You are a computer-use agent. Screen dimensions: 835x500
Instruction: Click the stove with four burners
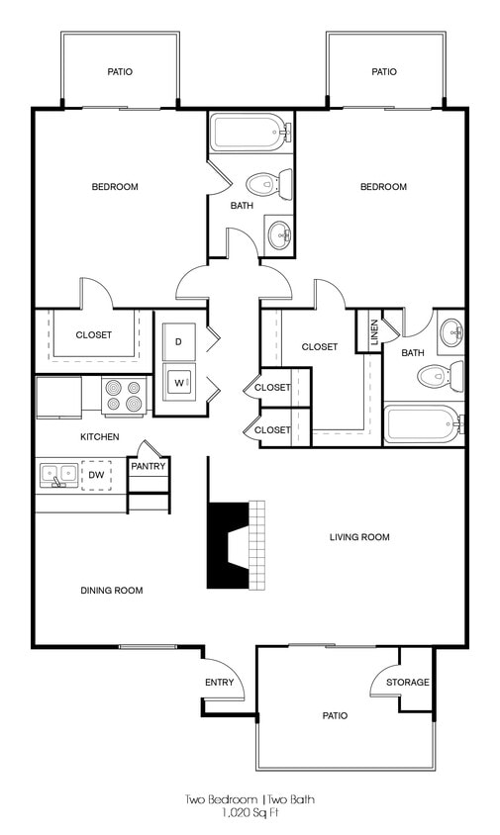pyautogui.click(x=124, y=396)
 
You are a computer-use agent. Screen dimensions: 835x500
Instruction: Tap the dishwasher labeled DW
pyautogui.click(x=96, y=475)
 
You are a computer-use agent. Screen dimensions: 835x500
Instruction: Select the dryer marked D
pyautogui.click(x=179, y=341)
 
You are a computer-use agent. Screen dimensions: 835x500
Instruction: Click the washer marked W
pyautogui.click(x=179, y=382)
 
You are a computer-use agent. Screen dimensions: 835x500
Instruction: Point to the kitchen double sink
pyautogui.click(x=58, y=475)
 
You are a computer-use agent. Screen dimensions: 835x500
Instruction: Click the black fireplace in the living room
pyautogui.click(x=228, y=545)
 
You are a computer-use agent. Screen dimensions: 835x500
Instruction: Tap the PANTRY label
pyautogui.click(x=149, y=466)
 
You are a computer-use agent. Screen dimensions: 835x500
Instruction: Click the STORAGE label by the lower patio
pyautogui.click(x=408, y=682)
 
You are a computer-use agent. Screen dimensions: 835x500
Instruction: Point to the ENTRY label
pyautogui.click(x=219, y=682)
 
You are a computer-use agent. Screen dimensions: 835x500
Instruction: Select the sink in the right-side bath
pyautogui.click(x=450, y=330)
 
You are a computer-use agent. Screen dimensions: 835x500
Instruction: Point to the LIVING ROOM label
pyautogui.click(x=359, y=537)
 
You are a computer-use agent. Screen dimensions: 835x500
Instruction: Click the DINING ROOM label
pyautogui.click(x=111, y=591)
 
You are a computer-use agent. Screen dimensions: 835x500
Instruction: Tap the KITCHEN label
pyautogui.click(x=100, y=436)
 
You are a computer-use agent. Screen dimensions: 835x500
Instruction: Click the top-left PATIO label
pyautogui.click(x=120, y=71)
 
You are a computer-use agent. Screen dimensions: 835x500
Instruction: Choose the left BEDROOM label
pyautogui.click(x=115, y=187)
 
